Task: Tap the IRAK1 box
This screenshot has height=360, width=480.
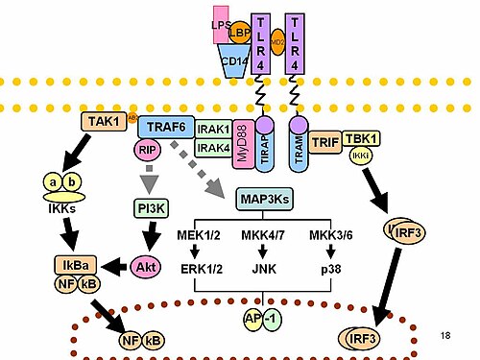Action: pyautogui.click(x=212, y=128)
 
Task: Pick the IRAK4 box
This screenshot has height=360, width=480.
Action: pyautogui.click(x=212, y=146)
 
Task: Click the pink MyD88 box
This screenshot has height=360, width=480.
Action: pyautogui.click(x=243, y=141)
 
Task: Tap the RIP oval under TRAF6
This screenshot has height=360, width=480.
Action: pyautogui.click(x=148, y=150)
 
